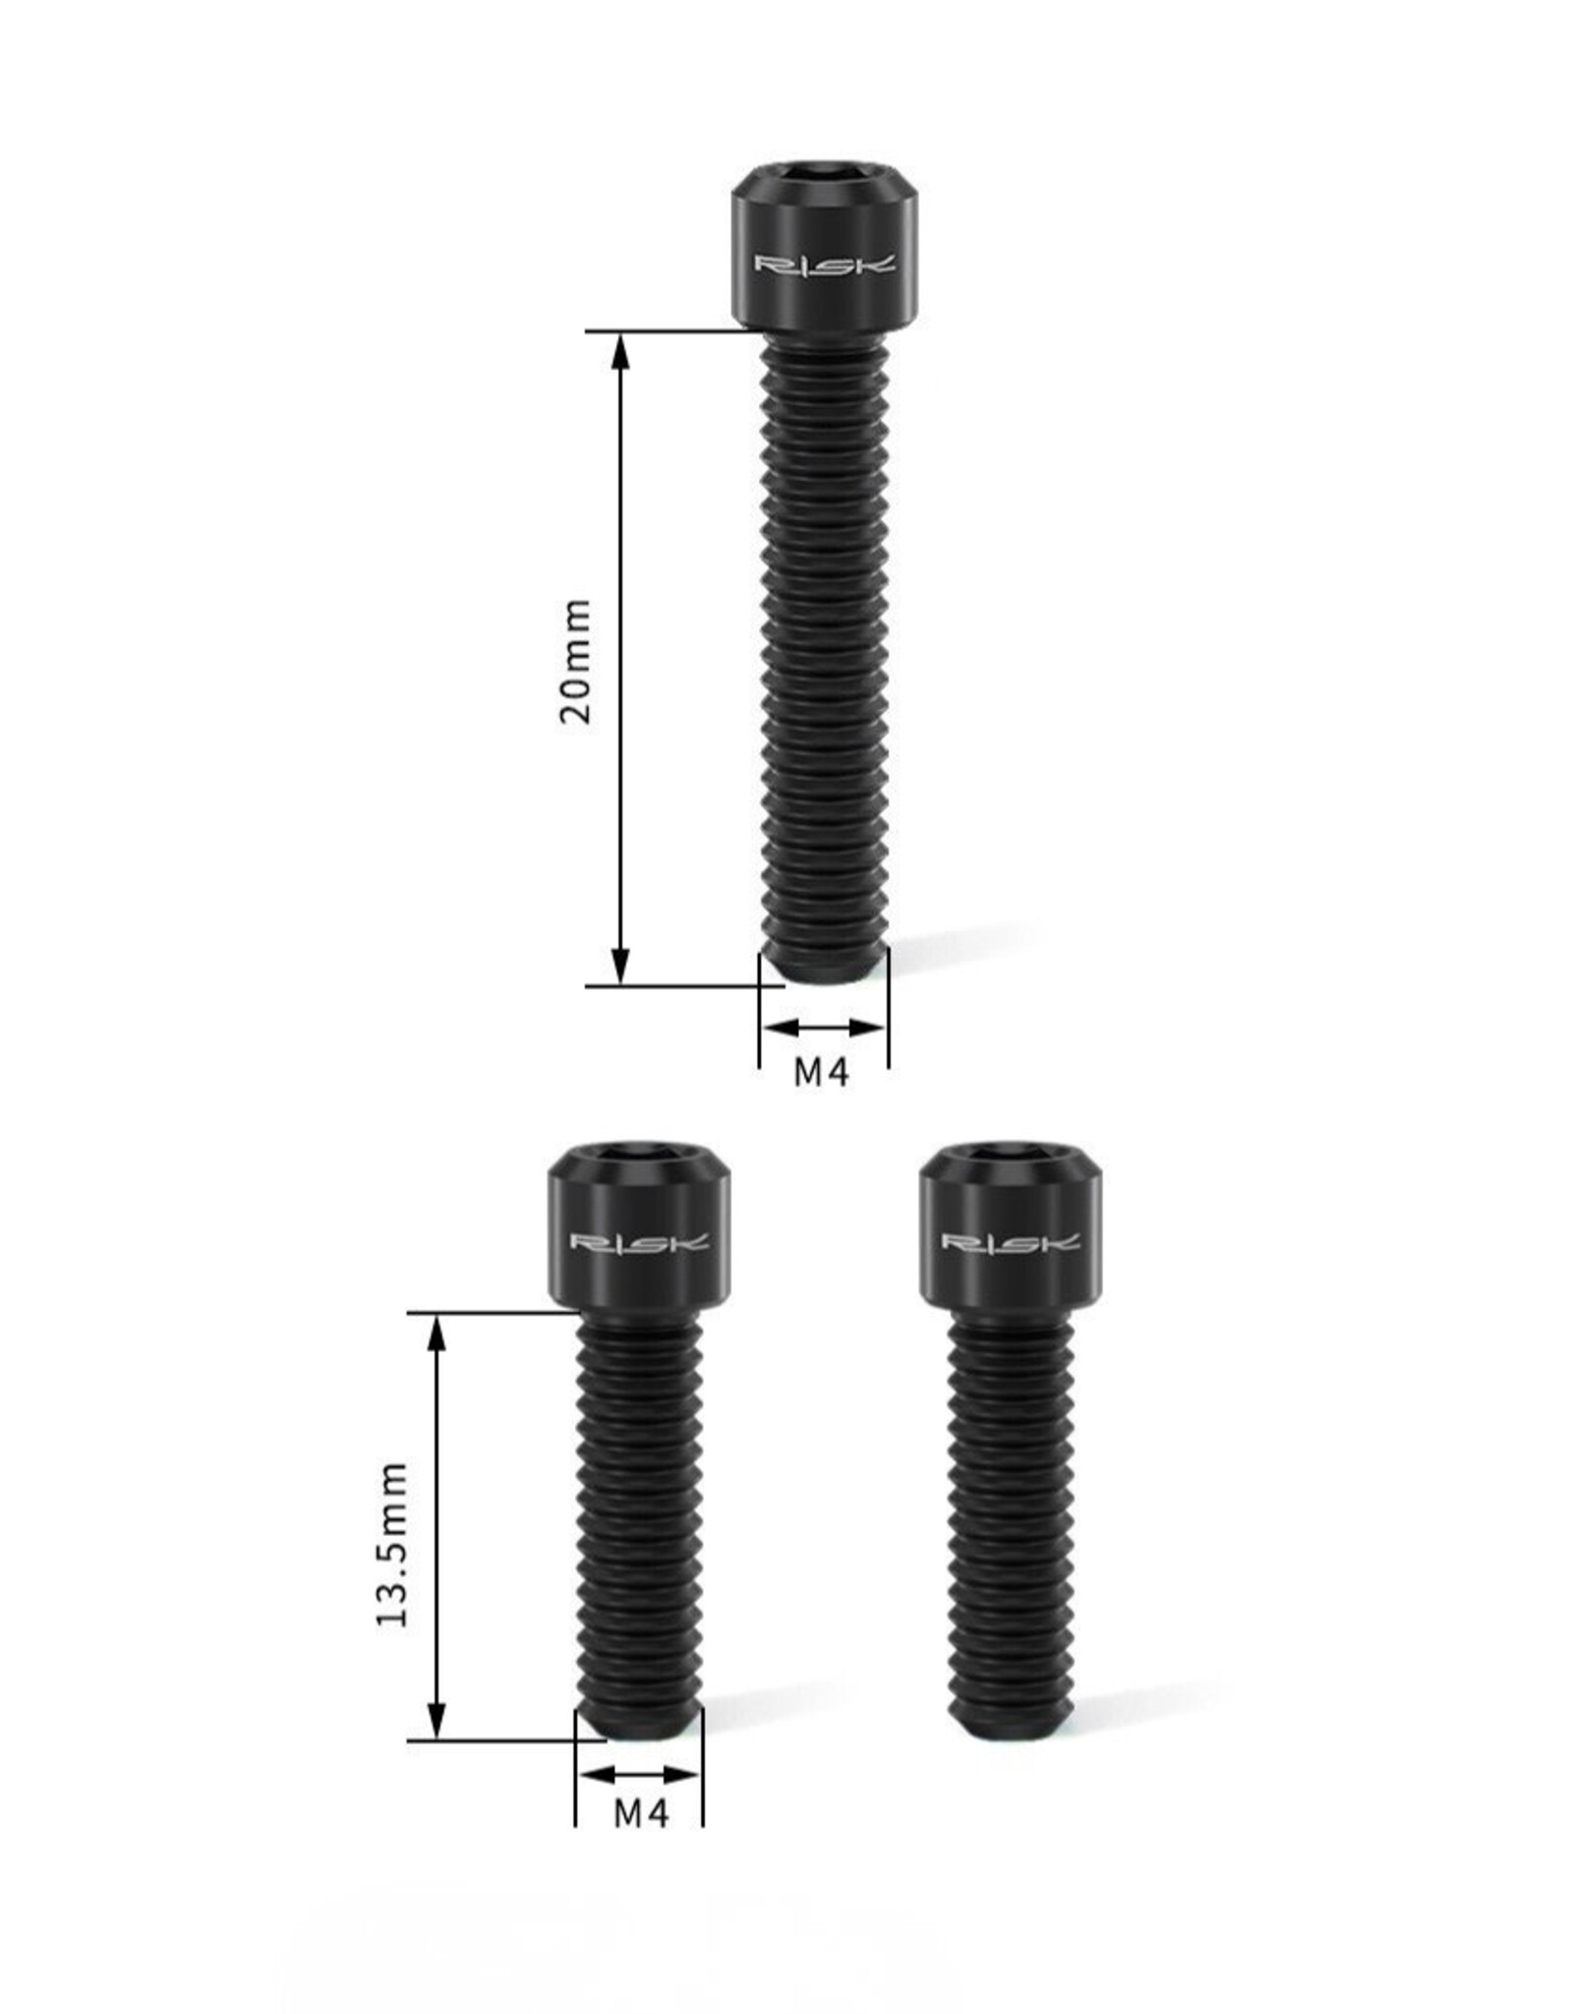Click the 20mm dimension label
tap(576, 661)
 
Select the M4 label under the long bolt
tap(822, 1073)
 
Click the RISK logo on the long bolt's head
tap(825, 264)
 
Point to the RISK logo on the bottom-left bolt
tap(640, 1242)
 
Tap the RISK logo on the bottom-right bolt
tap(1011, 1242)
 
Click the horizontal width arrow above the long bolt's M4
tap(824, 1029)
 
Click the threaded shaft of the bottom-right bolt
tap(1011, 1514)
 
